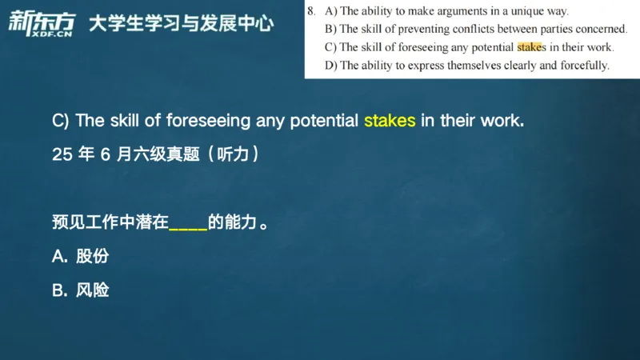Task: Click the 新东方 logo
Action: click(38, 19)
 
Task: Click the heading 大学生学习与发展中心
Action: click(181, 22)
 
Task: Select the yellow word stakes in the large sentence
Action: click(390, 122)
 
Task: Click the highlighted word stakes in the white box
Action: click(531, 47)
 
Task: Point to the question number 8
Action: click(310, 11)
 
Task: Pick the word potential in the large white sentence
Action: click(326, 122)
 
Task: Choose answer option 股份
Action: click(92, 257)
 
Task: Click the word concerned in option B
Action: click(598, 30)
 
